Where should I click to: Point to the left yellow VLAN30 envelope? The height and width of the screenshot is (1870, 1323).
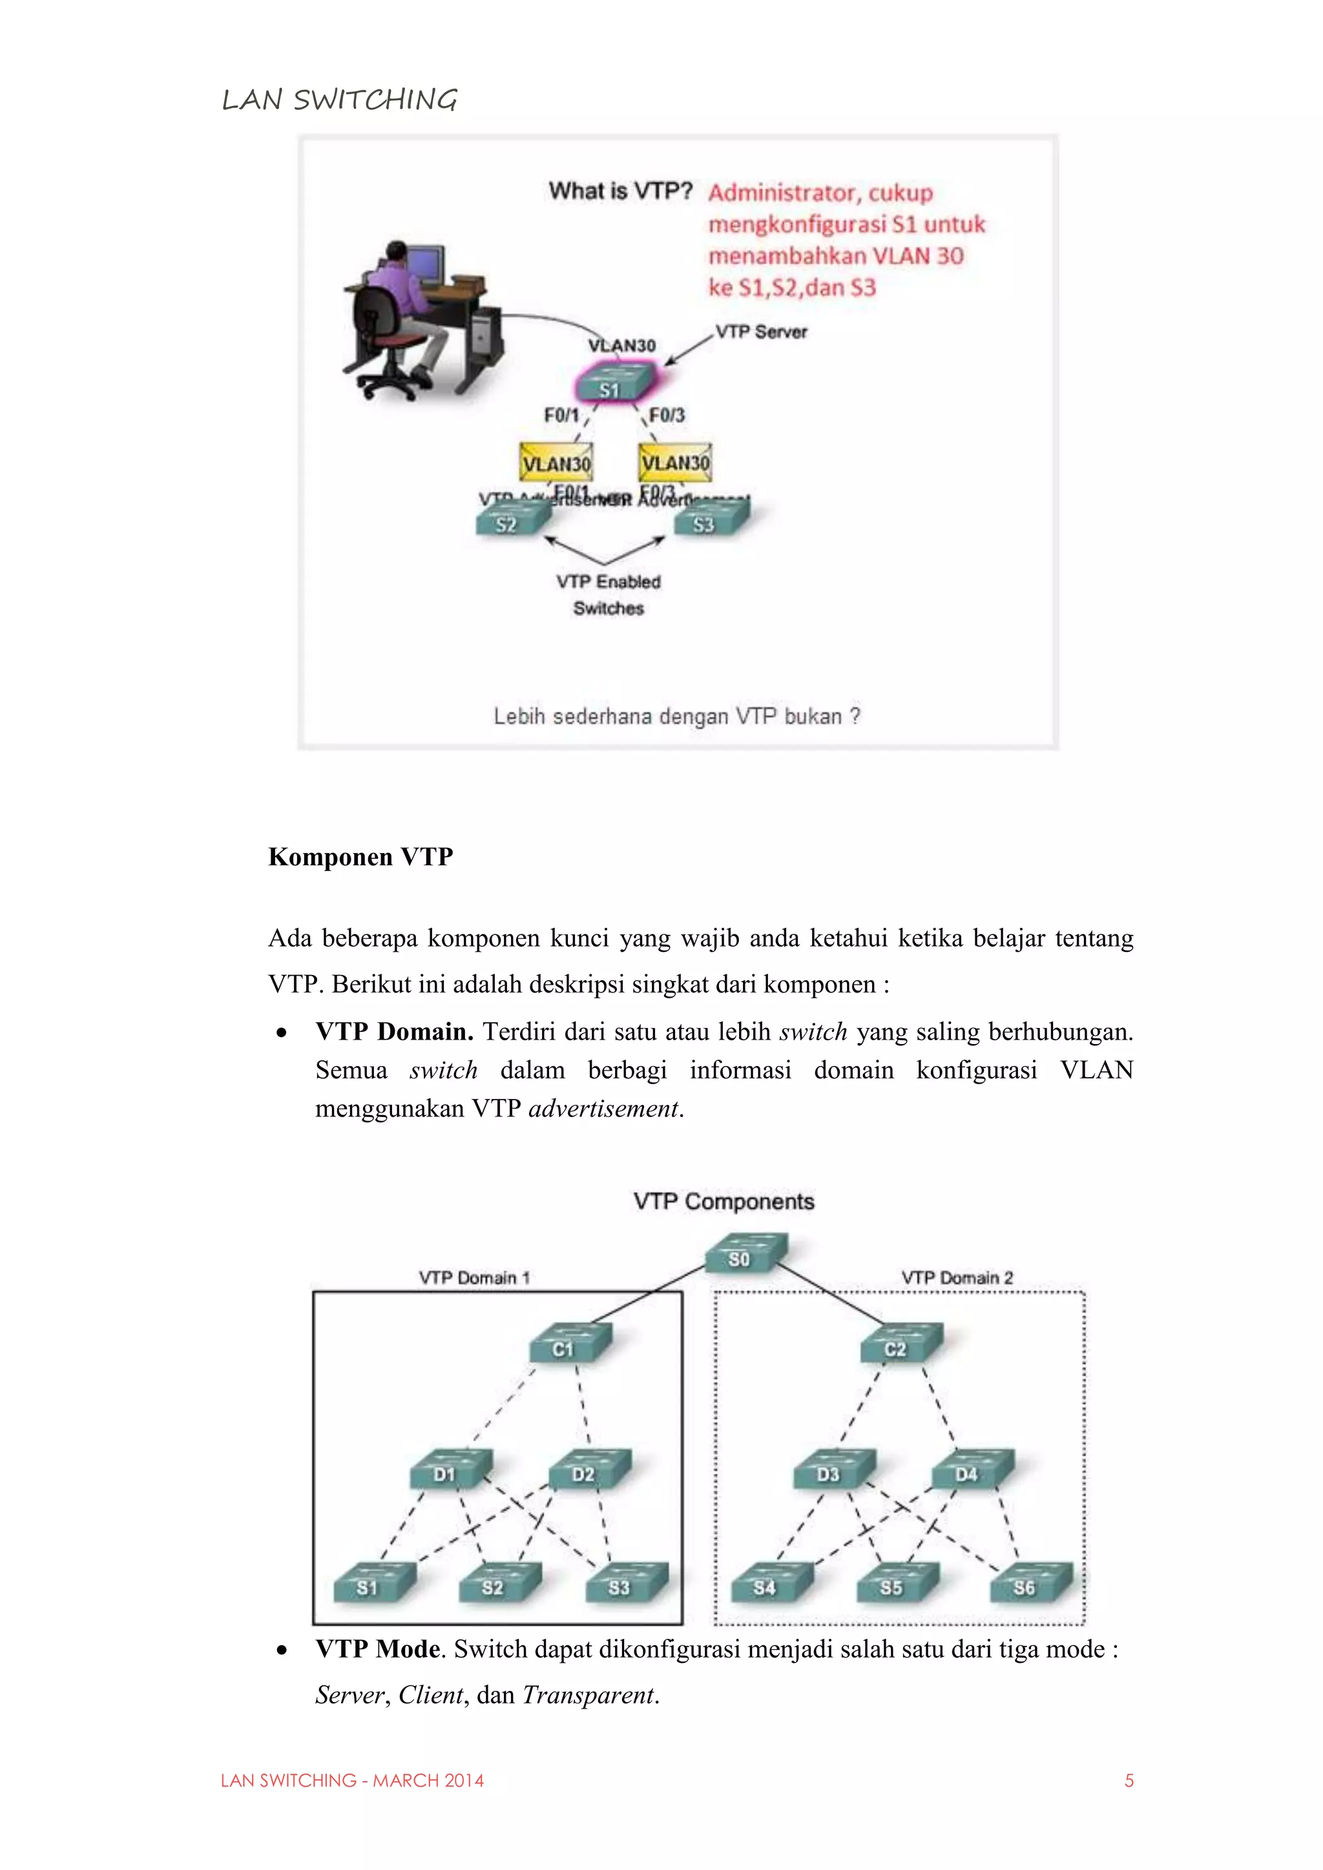556,462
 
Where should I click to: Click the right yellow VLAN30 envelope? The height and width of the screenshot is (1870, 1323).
675,462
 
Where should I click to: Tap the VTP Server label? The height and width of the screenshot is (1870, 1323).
761,331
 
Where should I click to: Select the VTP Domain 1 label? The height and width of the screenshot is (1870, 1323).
474,1278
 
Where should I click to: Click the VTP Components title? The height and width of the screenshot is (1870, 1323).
724,1201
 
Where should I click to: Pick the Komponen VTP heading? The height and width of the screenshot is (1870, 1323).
360,857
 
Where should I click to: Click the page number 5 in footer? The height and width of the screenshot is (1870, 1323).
1129,1780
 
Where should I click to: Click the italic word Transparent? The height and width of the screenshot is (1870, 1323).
589,1695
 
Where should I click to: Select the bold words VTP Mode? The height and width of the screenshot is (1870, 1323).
378,1649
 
